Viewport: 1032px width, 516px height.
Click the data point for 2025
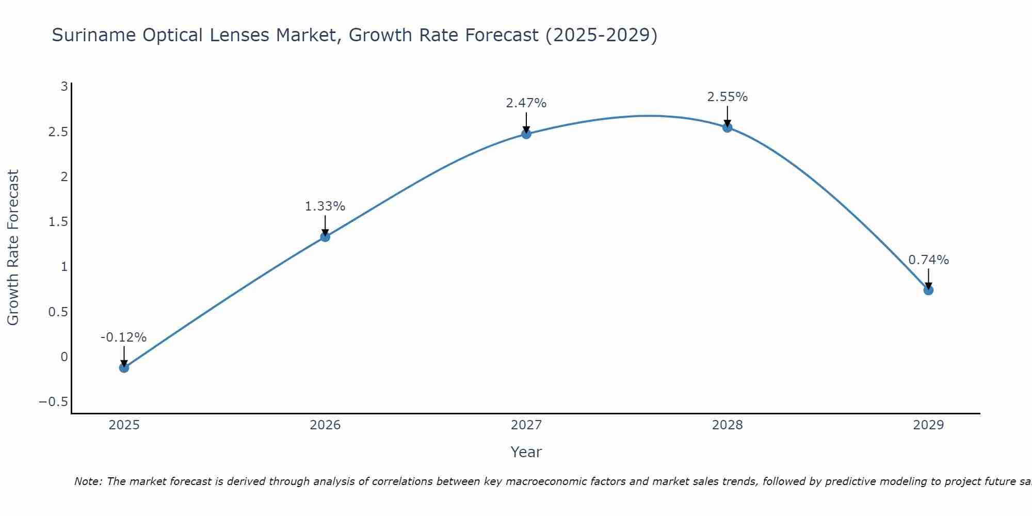(124, 367)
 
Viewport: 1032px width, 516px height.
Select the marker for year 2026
(325, 237)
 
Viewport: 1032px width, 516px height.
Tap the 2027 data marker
(526, 134)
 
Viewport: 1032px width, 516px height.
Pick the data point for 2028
(728, 127)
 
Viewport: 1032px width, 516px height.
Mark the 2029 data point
(928, 290)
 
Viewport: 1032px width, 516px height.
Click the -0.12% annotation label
(123, 337)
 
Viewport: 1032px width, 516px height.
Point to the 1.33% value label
(325, 206)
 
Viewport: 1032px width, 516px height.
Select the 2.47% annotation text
(526, 103)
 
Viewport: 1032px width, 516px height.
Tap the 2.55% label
(728, 97)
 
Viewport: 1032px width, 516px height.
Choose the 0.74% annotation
(928, 260)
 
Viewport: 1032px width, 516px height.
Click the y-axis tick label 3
(64, 87)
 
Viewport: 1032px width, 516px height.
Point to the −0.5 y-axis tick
(54, 402)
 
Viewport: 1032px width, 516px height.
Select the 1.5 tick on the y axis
(58, 222)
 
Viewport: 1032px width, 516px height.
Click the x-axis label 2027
(526, 425)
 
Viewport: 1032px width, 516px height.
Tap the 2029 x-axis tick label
(928, 425)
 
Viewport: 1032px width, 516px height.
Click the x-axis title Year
(526, 452)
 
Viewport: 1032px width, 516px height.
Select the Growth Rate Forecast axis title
(13, 248)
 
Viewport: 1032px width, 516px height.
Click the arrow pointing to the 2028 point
(728, 116)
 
